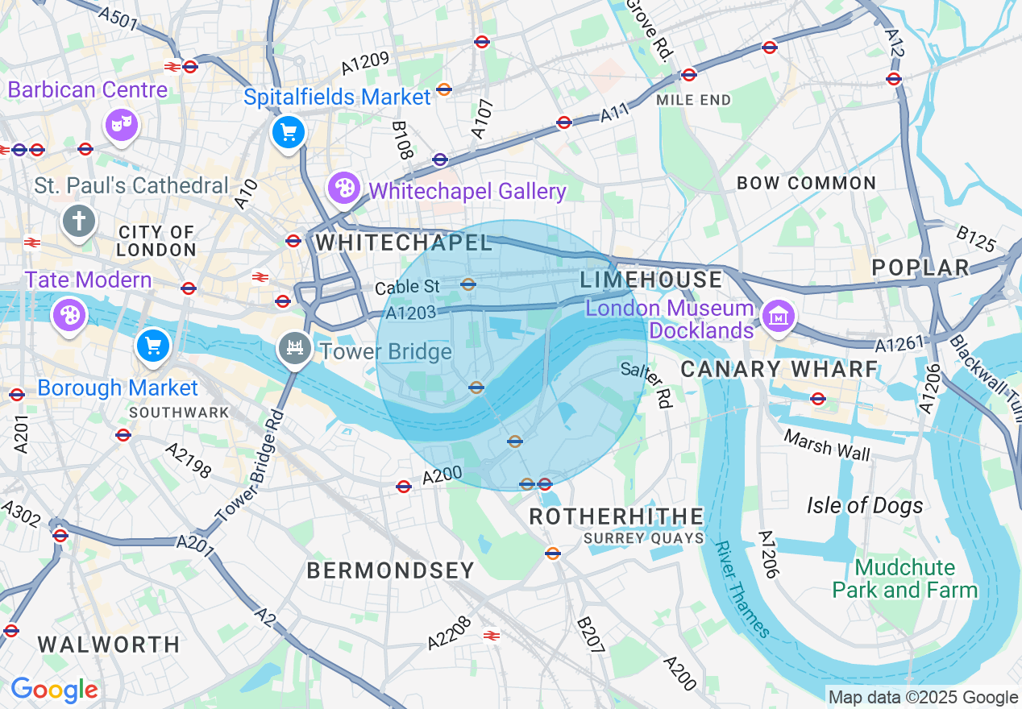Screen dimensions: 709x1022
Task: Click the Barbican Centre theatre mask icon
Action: pos(122,124)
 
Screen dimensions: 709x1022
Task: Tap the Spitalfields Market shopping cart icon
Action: pos(289,132)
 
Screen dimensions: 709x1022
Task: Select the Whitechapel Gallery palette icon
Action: pos(344,189)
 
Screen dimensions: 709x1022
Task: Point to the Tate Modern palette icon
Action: pos(69,315)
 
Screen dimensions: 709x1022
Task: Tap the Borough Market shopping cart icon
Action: pos(153,346)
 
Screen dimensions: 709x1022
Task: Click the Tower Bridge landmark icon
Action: pos(295,349)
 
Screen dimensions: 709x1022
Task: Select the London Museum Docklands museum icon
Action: pos(778,316)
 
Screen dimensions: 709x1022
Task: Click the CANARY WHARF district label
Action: pos(779,369)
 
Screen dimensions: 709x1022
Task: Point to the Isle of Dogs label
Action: pos(865,505)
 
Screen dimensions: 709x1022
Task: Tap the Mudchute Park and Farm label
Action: pos(904,578)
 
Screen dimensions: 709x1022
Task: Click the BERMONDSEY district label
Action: pos(391,570)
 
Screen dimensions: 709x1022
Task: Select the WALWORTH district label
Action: pos(109,645)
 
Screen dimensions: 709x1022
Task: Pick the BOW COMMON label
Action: pos(806,183)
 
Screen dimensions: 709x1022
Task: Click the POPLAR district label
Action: pos(920,267)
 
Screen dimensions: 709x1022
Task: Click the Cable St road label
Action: pos(408,286)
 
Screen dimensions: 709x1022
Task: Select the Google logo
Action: pos(54,690)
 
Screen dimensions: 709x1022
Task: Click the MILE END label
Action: pos(693,100)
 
